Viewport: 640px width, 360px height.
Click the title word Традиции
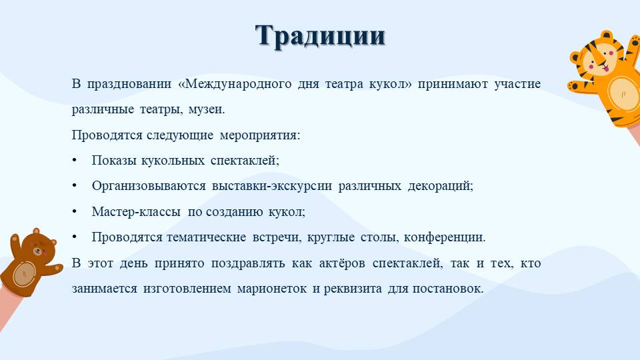pos(320,36)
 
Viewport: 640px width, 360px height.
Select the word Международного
pos(235,84)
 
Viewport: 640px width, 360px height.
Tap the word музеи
pos(207,109)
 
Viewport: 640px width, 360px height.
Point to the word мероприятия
pos(260,135)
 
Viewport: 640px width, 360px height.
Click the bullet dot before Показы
pos(74,161)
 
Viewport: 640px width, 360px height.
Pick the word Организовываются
pos(149,186)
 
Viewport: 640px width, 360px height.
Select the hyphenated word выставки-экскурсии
pos(272,186)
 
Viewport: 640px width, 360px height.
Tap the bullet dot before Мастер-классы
pos(74,212)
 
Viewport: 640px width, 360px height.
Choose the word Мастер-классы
pos(136,212)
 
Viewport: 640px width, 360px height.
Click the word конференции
pos(445,237)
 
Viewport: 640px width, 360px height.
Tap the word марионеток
pos(272,289)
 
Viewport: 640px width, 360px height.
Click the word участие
pos(517,84)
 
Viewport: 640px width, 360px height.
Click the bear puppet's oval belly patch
pos(24,273)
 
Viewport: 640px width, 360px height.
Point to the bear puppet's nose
pos(37,251)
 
